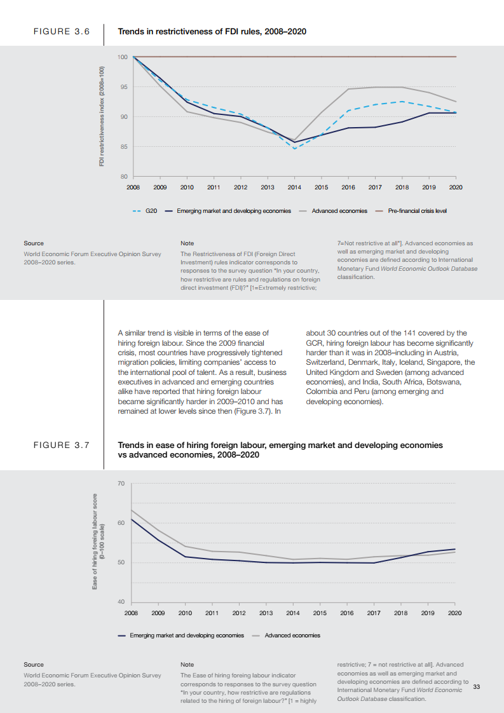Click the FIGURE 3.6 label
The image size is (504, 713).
click(x=61, y=31)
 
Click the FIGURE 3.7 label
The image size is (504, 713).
click(x=61, y=445)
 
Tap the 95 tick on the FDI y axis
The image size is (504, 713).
click(x=123, y=87)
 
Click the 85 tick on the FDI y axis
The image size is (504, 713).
click(x=123, y=147)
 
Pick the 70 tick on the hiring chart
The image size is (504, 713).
click(x=121, y=484)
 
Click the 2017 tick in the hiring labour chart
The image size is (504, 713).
click(x=374, y=613)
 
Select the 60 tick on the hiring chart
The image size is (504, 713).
click(x=121, y=523)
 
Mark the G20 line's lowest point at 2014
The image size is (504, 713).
click(x=294, y=149)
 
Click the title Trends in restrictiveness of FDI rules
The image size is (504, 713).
click(x=212, y=31)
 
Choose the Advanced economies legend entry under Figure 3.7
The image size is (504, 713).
click(x=292, y=635)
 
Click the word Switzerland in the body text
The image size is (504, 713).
click(x=326, y=362)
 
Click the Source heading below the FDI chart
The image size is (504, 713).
click(x=34, y=243)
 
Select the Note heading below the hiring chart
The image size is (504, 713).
click(x=187, y=664)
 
